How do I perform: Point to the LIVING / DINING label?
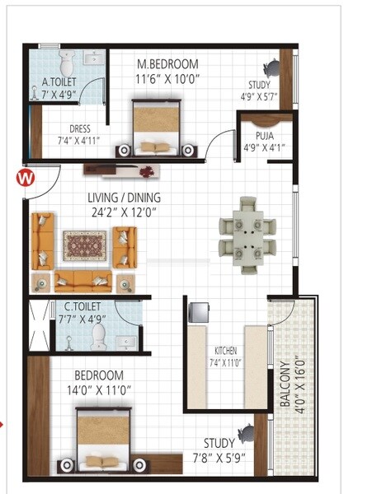(125, 198)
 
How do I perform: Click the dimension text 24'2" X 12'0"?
(125, 212)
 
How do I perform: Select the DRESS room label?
(80, 128)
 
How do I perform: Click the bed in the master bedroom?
(156, 128)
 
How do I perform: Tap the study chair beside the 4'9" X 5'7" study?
(271, 68)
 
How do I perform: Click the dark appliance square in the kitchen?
(199, 312)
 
